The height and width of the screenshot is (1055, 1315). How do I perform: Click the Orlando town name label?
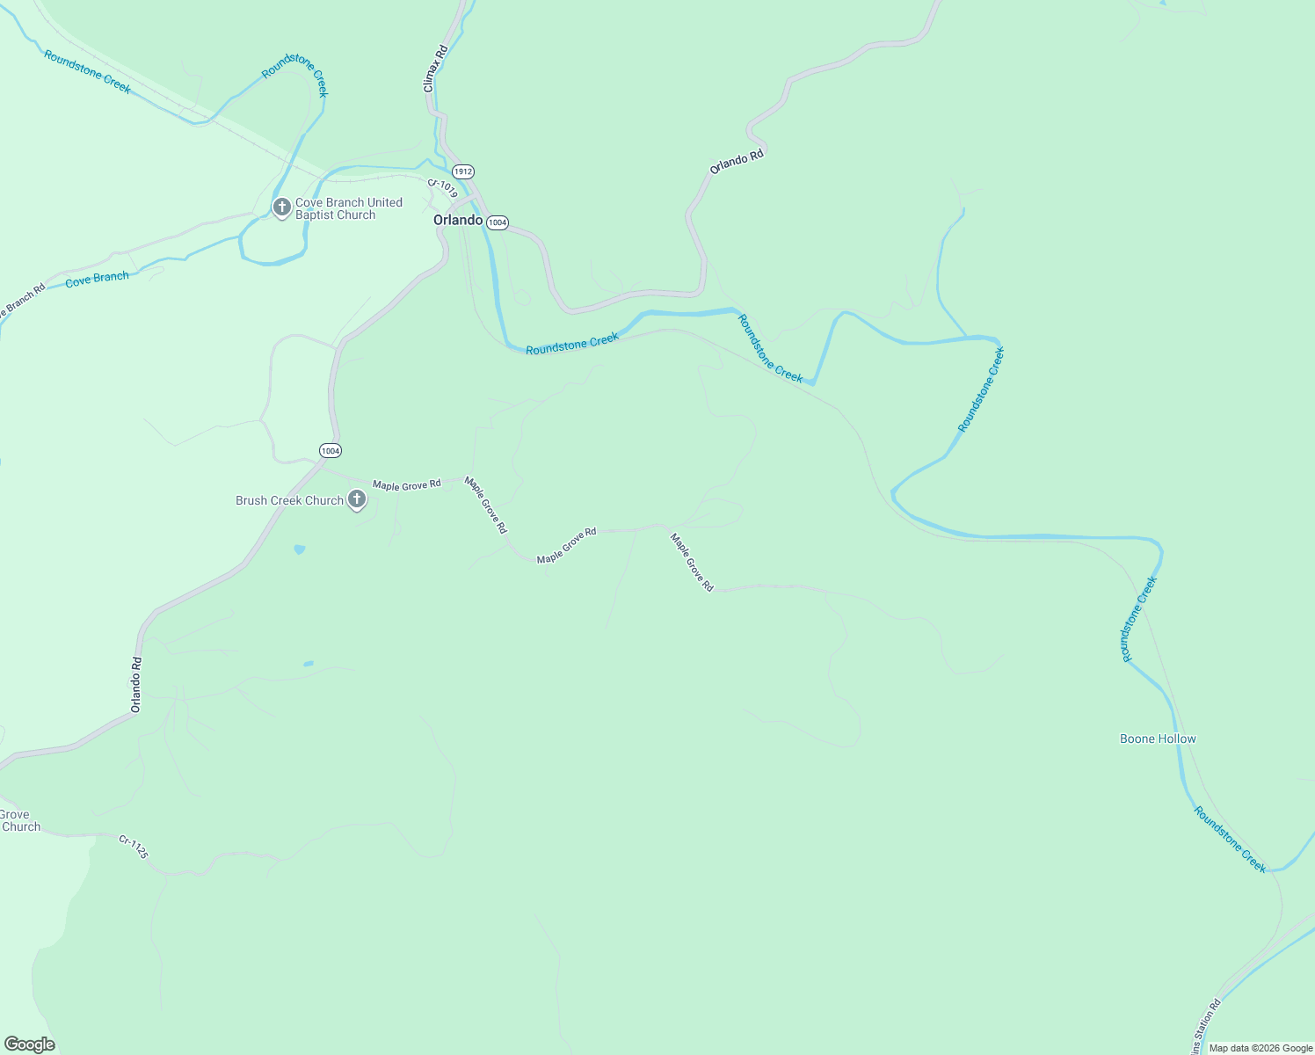pyautogui.click(x=458, y=220)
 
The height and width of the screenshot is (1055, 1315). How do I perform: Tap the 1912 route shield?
pyautogui.click(x=463, y=171)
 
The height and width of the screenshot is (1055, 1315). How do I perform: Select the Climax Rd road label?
pyautogui.click(x=435, y=69)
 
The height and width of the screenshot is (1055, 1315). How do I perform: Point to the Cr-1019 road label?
pyautogui.click(x=442, y=188)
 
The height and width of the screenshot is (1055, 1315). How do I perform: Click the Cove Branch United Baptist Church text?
pyautogui.click(x=348, y=208)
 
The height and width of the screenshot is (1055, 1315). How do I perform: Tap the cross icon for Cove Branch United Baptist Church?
pyautogui.click(x=281, y=207)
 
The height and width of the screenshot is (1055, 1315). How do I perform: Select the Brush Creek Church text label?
pyautogui.click(x=289, y=500)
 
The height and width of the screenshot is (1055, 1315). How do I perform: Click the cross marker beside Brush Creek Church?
pyautogui.click(x=357, y=500)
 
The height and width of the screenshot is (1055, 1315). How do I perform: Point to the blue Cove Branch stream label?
pyautogui.click(x=97, y=279)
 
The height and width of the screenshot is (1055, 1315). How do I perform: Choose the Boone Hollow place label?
pyautogui.click(x=1158, y=738)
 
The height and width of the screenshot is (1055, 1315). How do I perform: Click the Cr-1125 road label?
pyautogui.click(x=134, y=847)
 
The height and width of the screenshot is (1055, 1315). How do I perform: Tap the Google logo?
pyautogui.click(x=29, y=1044)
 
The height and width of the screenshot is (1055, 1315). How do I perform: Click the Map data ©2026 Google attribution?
pyautogui.click(x=1261, y=1048)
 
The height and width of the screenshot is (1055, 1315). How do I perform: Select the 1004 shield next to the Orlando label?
pyautogui.click(x=498, y=222)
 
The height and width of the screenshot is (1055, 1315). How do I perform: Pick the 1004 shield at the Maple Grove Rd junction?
pyautogui.click(x=330, y=450)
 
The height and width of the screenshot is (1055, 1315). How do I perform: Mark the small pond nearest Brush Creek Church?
pyautogui.click(x=300, y=549)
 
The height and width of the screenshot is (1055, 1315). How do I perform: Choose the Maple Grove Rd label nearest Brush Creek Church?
pyautogui.click(x=406, y=484)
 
